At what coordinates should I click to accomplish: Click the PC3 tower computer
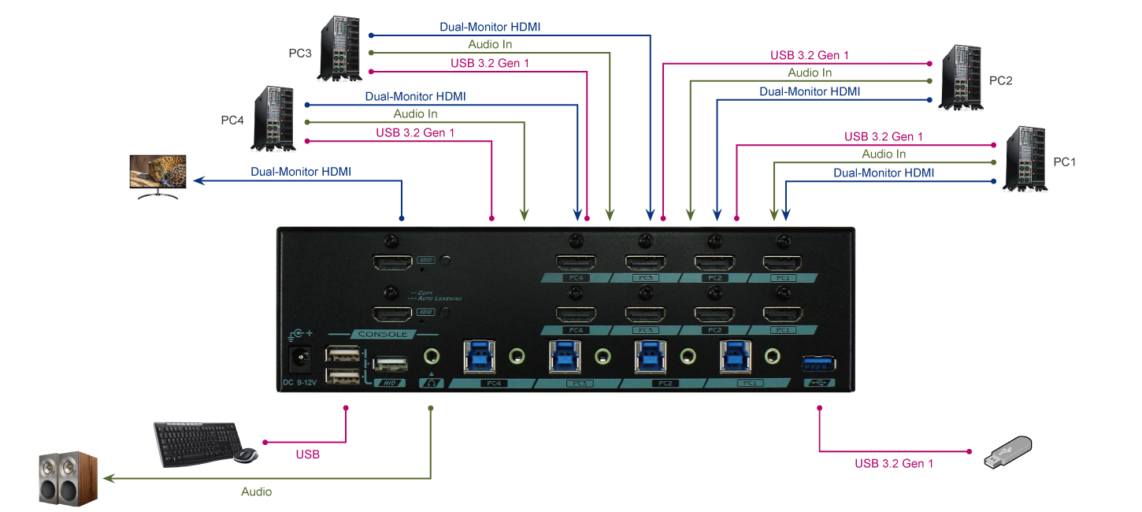coord(341,50)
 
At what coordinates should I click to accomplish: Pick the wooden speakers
coord(69,477)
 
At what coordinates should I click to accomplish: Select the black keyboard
coord(195,442)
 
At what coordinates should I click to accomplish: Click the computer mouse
coord(245,456)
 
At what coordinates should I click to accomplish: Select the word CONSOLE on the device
coord(383,334)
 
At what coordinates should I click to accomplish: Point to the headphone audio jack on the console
coord(431,357)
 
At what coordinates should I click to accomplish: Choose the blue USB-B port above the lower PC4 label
coord(478,356)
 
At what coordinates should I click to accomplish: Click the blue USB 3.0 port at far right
coord(819,363)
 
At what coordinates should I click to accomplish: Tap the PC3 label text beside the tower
coord(300,54)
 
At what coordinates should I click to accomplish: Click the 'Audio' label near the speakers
coord(256,492)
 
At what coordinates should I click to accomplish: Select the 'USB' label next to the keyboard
coord(307,455)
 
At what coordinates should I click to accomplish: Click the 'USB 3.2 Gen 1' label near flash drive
coord(894,464)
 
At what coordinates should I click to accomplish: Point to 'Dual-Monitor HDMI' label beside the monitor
coord(301,171)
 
